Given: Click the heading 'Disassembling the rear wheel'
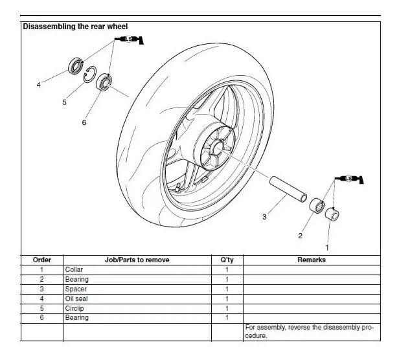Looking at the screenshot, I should click(x=75, y=27).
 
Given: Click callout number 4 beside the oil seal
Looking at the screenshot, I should click(x=39, y=84).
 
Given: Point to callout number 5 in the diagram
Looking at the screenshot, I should click(x=64, y=102).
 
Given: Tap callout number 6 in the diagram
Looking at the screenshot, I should click(x=84, y=122).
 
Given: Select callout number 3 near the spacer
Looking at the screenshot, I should click(x=264, y=217).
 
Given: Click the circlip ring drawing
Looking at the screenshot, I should click(x=90, y=74).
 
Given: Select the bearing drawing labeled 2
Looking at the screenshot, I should click(x=317, y=206).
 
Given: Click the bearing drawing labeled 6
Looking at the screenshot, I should click(x=104, y=83).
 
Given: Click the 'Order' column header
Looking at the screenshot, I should click(x=41, y=260).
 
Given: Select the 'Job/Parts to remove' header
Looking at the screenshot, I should click(x=137, y=260).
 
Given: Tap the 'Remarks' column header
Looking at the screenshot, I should click(x=311, y=260).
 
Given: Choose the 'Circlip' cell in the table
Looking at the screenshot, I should click(x=73, y=308).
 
